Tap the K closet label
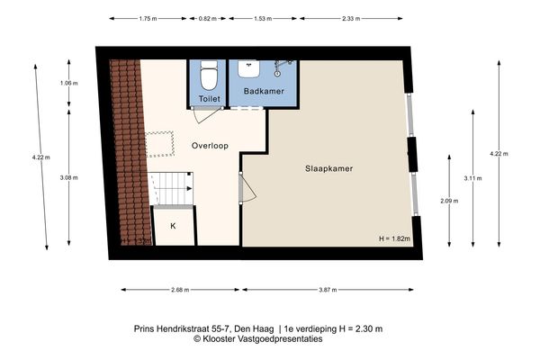(x=173, y=226)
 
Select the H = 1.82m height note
(x=393, y=238)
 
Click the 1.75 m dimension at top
(x=148, y=18)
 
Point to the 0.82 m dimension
(x=207, y=18)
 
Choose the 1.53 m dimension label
(x=263, y=18)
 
